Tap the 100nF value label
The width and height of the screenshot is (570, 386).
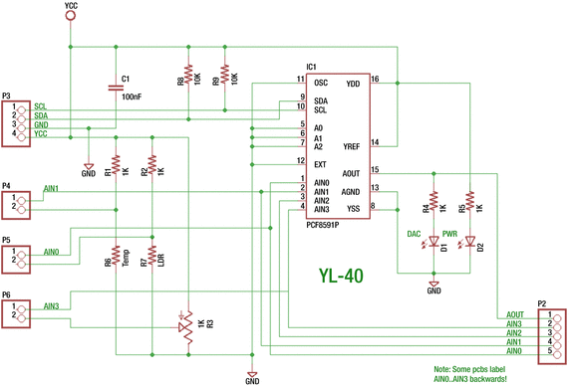pos(132,96)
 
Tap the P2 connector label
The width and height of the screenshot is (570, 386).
pos(542,303)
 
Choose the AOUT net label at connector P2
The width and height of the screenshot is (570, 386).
pos(514,313)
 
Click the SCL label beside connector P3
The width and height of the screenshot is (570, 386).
pos(40,106)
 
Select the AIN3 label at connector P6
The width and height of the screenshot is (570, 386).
pos(51,305)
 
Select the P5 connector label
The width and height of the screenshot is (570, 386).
pos(6,241)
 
